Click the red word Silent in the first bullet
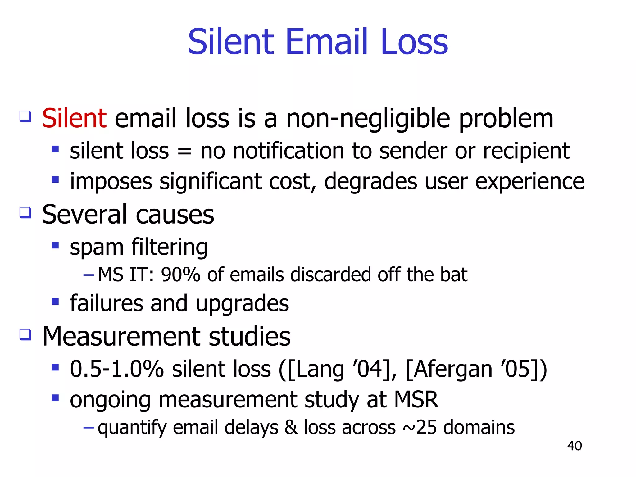(x=74, y=118)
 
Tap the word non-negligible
(x=368, y=119)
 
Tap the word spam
(x=97, y=248)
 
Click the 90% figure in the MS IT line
(x=180, y=275)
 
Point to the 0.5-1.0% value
(x=117, y=369)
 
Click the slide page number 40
(x=574, y=446)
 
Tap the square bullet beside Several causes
(x=25, y=213)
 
